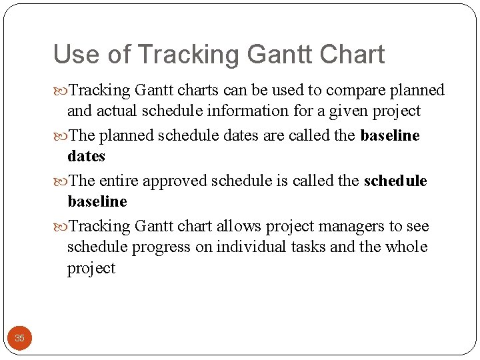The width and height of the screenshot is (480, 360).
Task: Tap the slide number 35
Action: point(19,338)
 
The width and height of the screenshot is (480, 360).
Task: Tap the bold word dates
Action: point(87,157)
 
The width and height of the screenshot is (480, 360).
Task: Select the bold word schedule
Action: point(395,181)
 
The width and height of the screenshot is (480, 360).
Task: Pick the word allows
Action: point(236,227)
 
